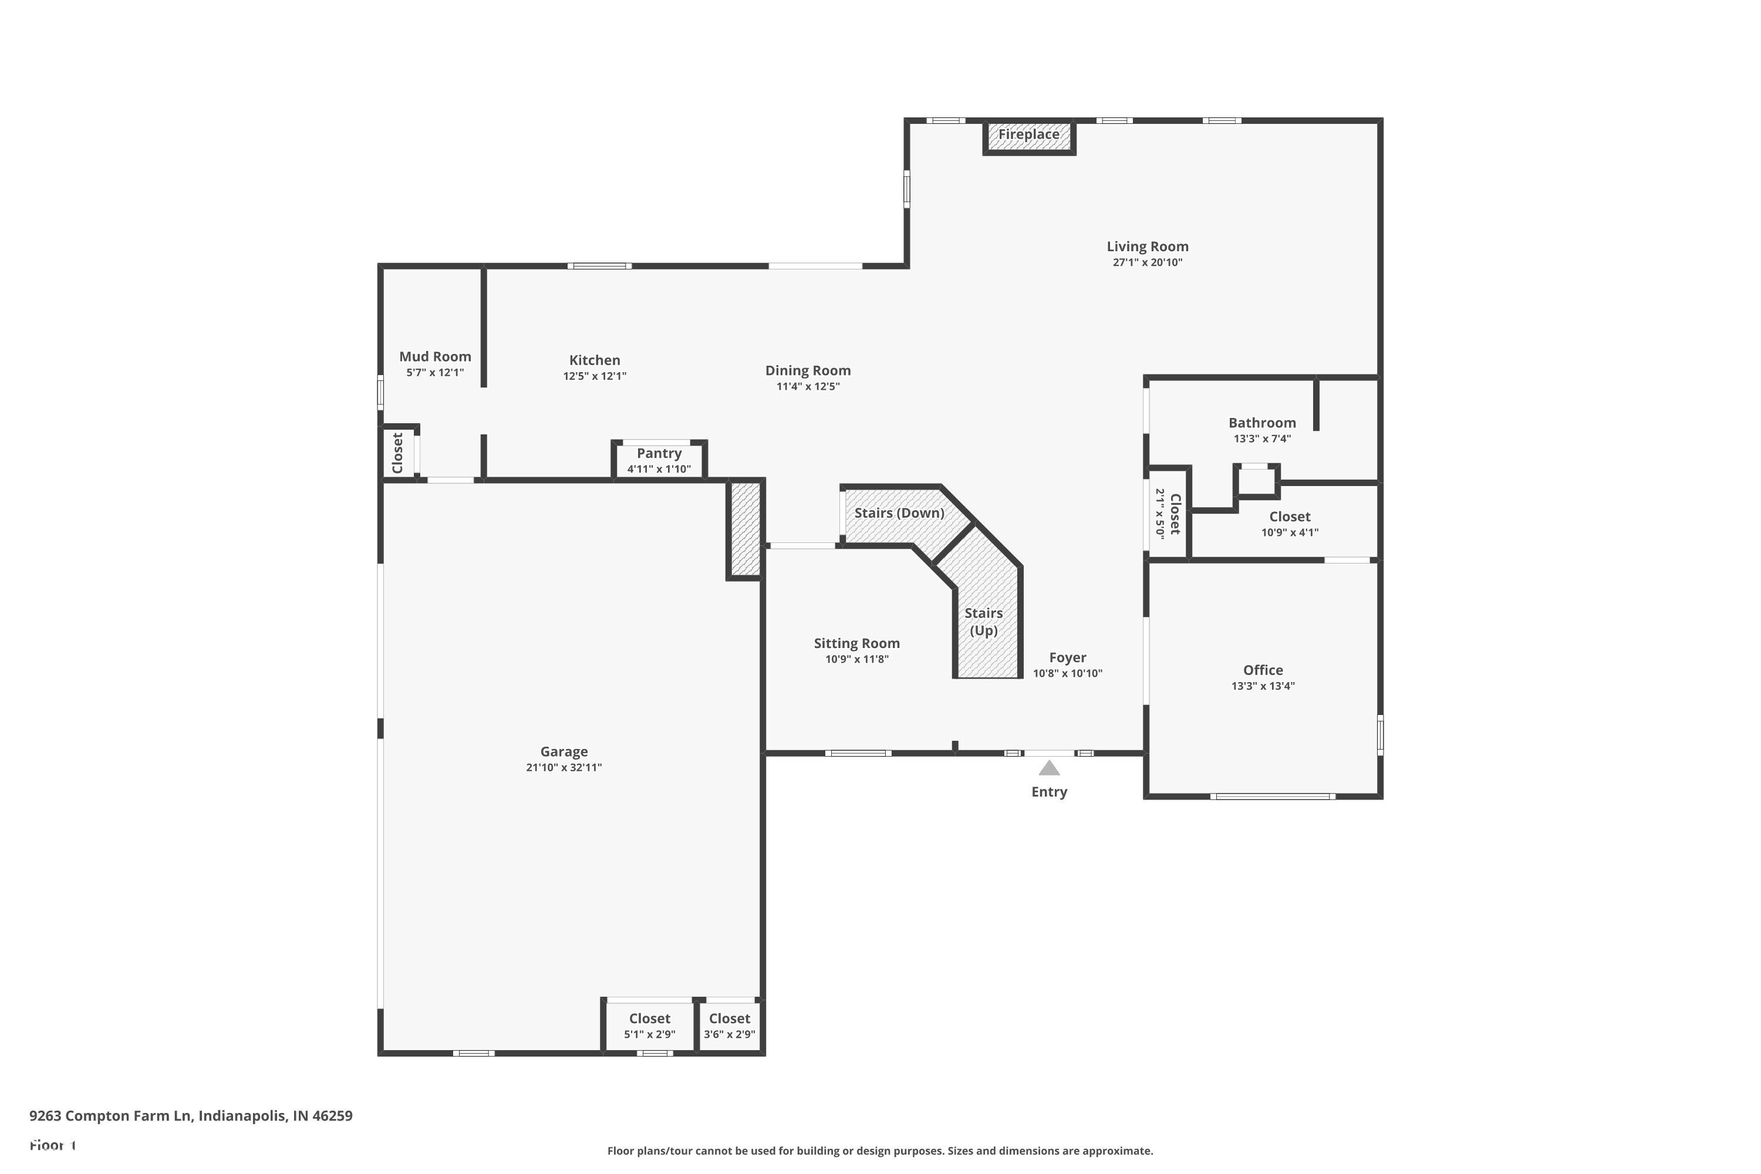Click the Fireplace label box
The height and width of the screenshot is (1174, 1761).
point(1029,136)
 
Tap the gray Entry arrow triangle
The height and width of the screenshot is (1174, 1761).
point(1049,768)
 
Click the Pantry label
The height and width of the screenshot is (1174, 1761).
point(659,454)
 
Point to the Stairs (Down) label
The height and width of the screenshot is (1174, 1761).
point(899,513)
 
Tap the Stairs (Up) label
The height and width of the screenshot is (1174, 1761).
point(983,622)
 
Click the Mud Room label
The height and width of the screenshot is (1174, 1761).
point(435,357)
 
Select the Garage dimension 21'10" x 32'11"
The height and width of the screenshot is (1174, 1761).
point(564,767)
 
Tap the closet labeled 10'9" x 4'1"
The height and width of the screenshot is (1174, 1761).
point(1289,524)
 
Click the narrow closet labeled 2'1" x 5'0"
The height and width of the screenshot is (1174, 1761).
point(1168,514)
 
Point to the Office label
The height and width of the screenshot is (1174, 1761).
point(1263,671)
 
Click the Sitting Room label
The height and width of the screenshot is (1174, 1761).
point(856,644)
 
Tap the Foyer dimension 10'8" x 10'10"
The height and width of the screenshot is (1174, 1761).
point(1068,674)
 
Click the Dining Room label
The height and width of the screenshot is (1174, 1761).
point(808,370)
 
